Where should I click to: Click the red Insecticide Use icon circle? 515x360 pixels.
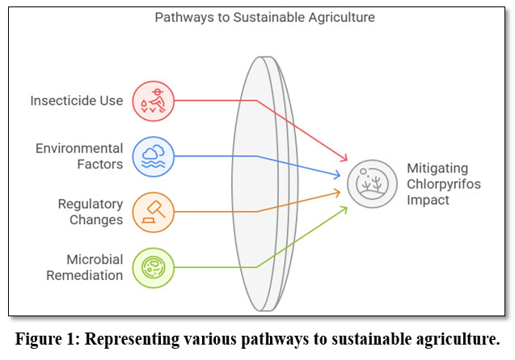pos(152,100)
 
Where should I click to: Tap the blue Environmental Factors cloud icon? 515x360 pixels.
pos(152,156)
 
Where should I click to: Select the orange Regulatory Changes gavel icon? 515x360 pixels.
pos(152,211)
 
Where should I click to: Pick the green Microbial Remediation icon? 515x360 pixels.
pos(152,267)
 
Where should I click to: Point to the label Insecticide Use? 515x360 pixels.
pos(78,100)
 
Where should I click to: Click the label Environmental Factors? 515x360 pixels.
pos(79,156)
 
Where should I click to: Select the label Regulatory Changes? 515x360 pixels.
pos(91,211)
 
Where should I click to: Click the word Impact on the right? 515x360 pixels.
pos(428,200)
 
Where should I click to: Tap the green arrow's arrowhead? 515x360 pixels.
pos(345,209)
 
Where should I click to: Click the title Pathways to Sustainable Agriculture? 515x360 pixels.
pos(259,16)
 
